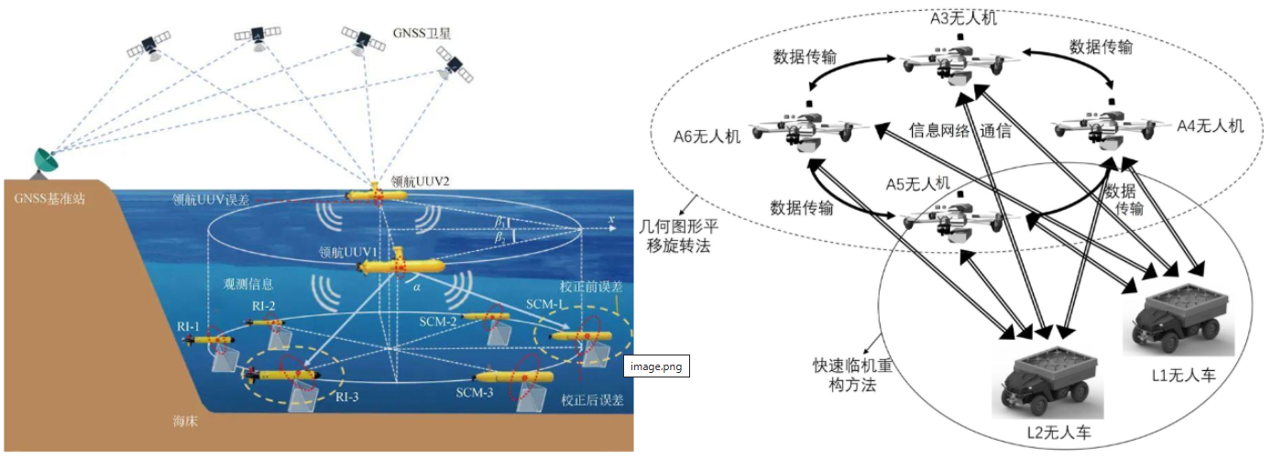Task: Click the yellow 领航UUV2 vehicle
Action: point(378,196)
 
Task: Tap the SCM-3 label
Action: point(476,392)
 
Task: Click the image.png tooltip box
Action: point(656,366)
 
